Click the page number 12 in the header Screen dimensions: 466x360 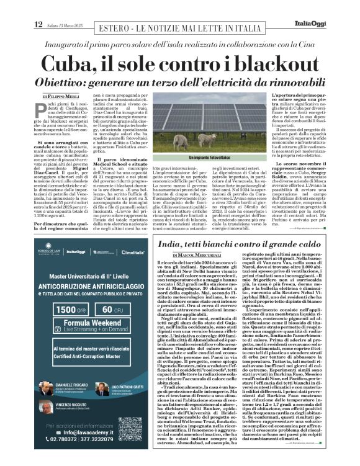pos(38,7)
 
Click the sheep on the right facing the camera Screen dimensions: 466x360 pos(199,141)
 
